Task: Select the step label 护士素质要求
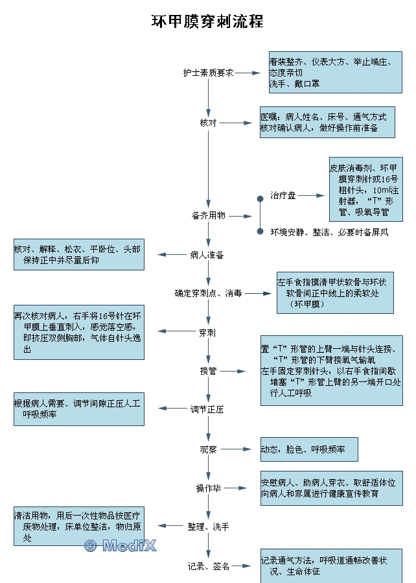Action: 208,73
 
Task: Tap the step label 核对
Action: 208,123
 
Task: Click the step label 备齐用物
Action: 208,215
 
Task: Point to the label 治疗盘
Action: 283,195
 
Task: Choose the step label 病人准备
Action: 207,255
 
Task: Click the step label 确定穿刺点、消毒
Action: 208,293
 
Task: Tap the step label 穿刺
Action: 207,333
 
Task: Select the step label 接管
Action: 208,371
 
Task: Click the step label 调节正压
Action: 207,409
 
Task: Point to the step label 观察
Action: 208,449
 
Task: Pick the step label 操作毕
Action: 208,488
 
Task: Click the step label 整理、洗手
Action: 208,527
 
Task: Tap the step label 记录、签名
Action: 208,566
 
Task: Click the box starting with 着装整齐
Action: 335,71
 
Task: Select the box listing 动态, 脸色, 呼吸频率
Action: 308,449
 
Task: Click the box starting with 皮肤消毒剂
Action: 365,189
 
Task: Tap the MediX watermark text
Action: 121,545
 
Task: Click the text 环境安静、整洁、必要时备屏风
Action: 329,232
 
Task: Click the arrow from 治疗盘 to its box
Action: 311,195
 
